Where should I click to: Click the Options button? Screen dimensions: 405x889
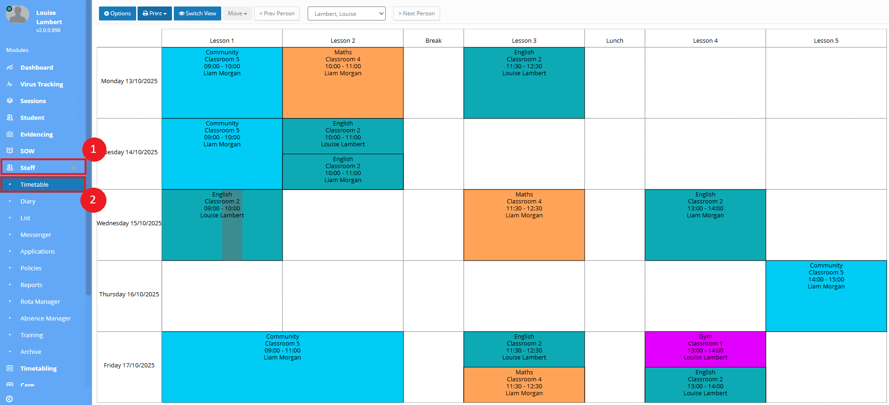coord(118,13)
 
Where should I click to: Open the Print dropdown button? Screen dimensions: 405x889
coord(155,13)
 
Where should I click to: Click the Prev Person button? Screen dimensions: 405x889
coord(277,13)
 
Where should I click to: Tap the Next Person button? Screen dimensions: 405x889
coord(416,13)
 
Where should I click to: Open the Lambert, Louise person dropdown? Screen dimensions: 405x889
coord(347,13)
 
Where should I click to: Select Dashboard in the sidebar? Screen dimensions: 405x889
coord(37,67)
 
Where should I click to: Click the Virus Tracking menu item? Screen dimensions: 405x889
coord(41,84)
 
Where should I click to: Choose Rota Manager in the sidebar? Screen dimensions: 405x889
coord(40,301)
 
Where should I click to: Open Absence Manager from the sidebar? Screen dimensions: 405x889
coord(46,318)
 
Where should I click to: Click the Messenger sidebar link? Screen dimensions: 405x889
coord(36,235)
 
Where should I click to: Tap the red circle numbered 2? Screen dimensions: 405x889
coord(93,200)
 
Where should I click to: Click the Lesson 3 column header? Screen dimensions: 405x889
coord(524,40)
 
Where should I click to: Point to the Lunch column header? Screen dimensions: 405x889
coord(614,40)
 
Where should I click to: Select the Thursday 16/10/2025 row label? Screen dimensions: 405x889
coord(129,294)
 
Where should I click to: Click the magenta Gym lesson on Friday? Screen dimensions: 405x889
coord(705,349)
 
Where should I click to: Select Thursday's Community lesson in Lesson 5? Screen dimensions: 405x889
coord(826,296)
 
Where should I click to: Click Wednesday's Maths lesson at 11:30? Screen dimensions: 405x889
coord(524,225)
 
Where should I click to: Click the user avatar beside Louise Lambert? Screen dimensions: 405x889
coord(17,15)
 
